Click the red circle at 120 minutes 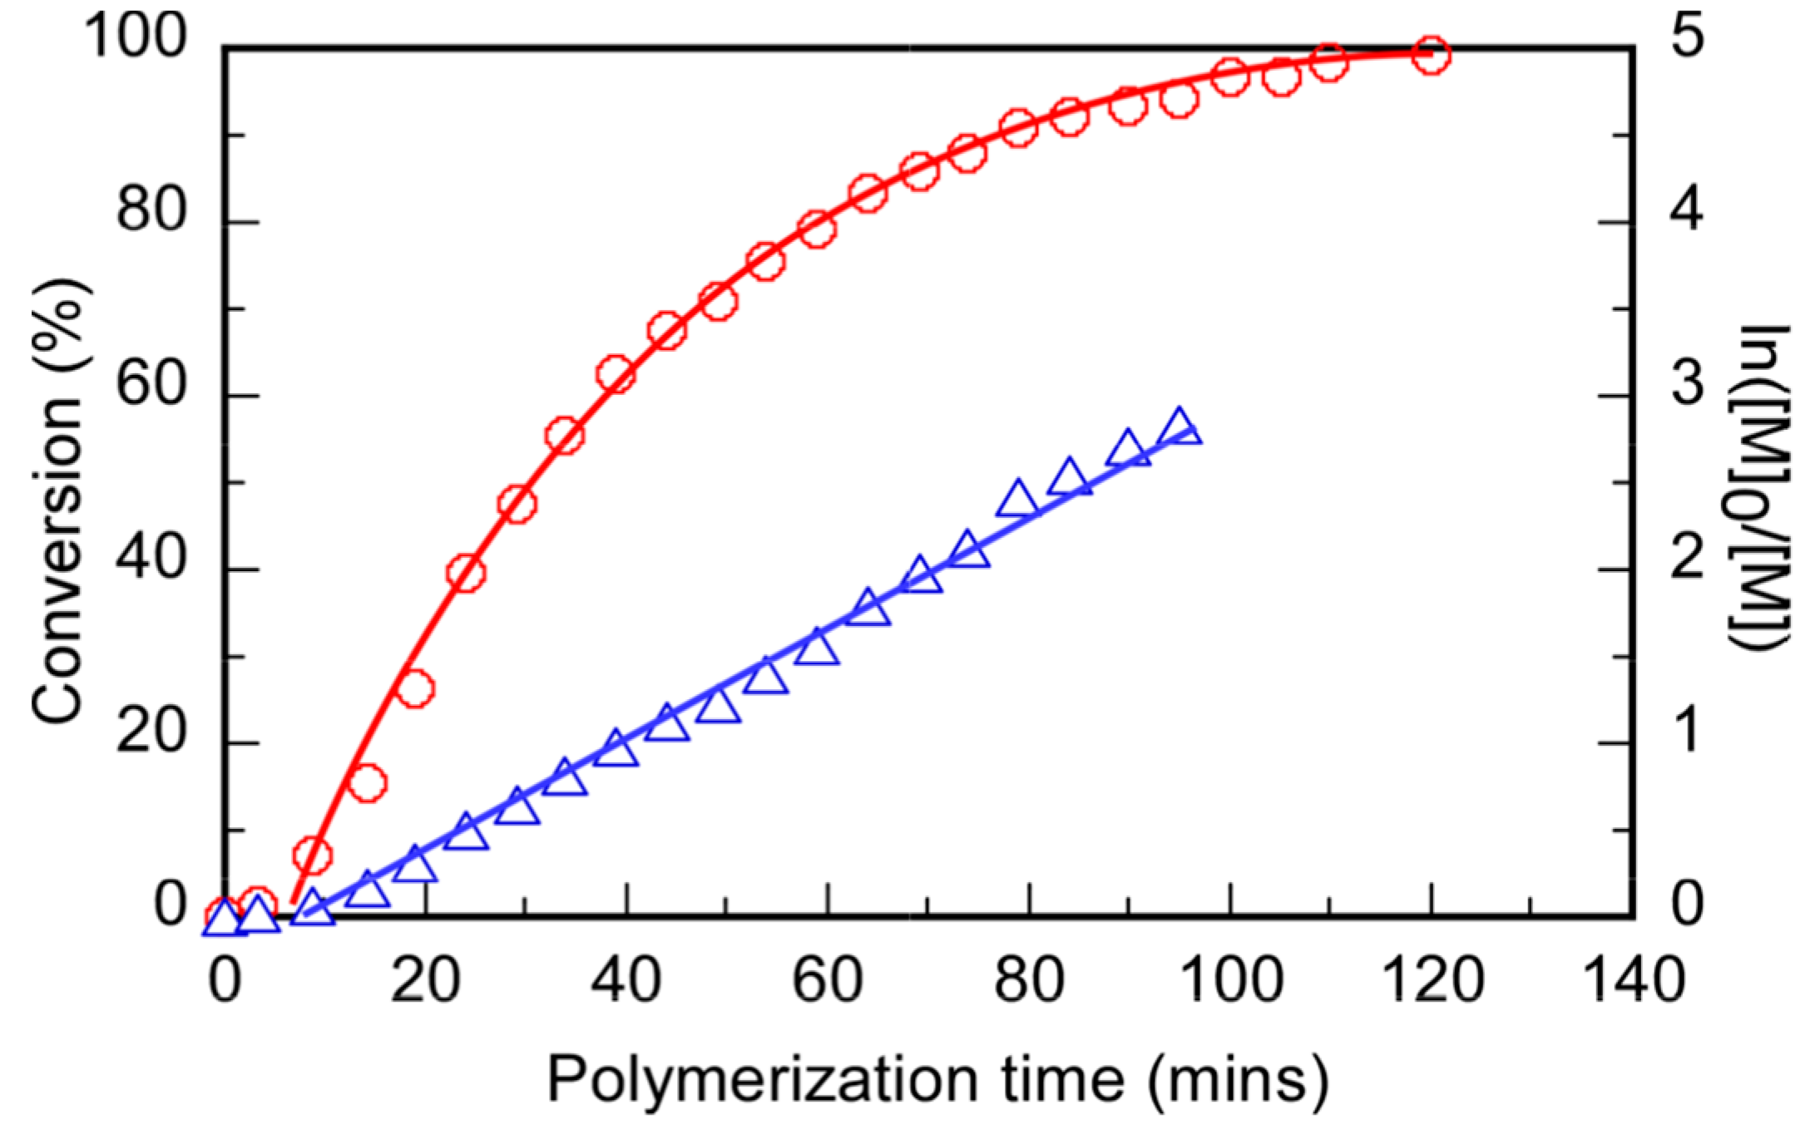1431,56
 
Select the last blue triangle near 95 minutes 1179,426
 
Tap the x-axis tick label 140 1634,981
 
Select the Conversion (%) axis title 60,499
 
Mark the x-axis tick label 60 827,981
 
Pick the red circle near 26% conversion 415,688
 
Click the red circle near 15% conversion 367,782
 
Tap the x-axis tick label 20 425,981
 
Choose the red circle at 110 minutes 1328,62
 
